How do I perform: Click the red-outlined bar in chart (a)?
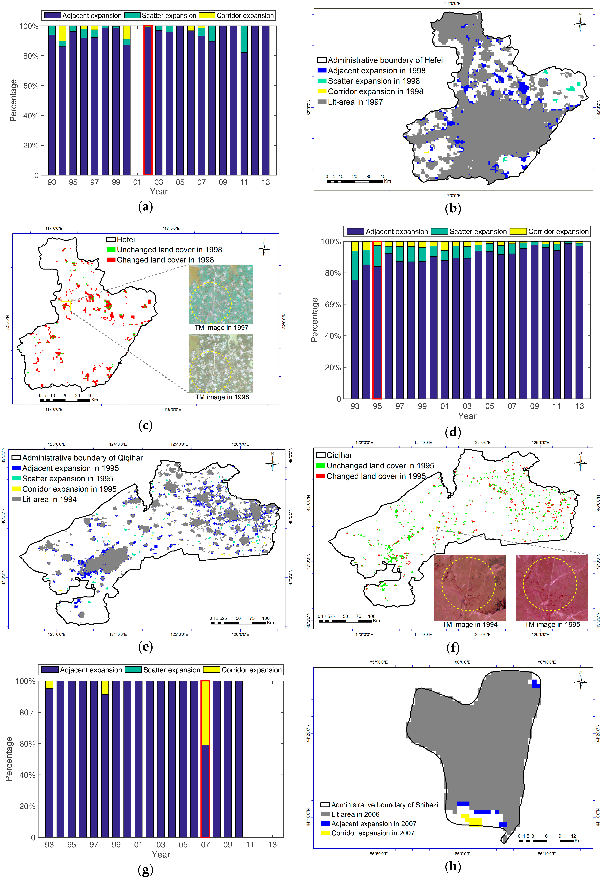(x=148, y=100)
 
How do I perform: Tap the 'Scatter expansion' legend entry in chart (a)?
(x=160, y=15)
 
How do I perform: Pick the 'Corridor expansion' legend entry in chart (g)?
(x=243, y=670)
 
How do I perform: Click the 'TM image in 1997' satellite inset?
(x=221, y=294)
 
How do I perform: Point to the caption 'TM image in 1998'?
(x=222, y=397)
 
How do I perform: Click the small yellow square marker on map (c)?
(x=66, y=306)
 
